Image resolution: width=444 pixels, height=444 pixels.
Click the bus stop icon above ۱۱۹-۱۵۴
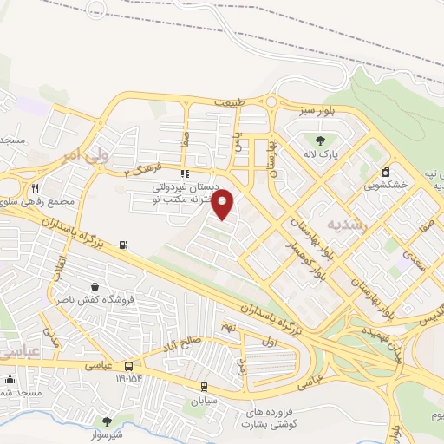pyautogui.click(x=128, y=366)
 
